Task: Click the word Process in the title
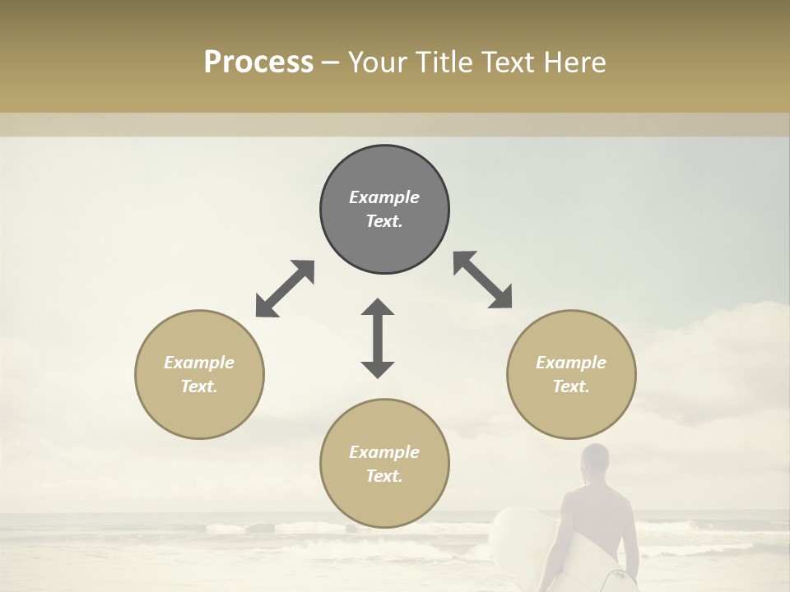pyautogui.click(x=258, y=62)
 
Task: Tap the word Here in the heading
pyautogui.click(x=574, y=62)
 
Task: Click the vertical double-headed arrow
pyautogui.click(x=378, y=338)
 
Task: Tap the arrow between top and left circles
pyautogui.click(x=285, y=289)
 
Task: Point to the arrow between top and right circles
pyautogui.click(x=483, y=280)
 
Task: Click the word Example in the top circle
pyautogui.click(x=384, y=197)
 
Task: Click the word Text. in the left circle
pyautogui.click(x=199, y=386)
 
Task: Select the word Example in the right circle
pyautogui.click(x=571, y=363)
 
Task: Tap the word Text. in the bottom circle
pyautogui.click(x=384, y=476)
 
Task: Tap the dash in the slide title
pyautogui.click(x=331, y=62)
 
